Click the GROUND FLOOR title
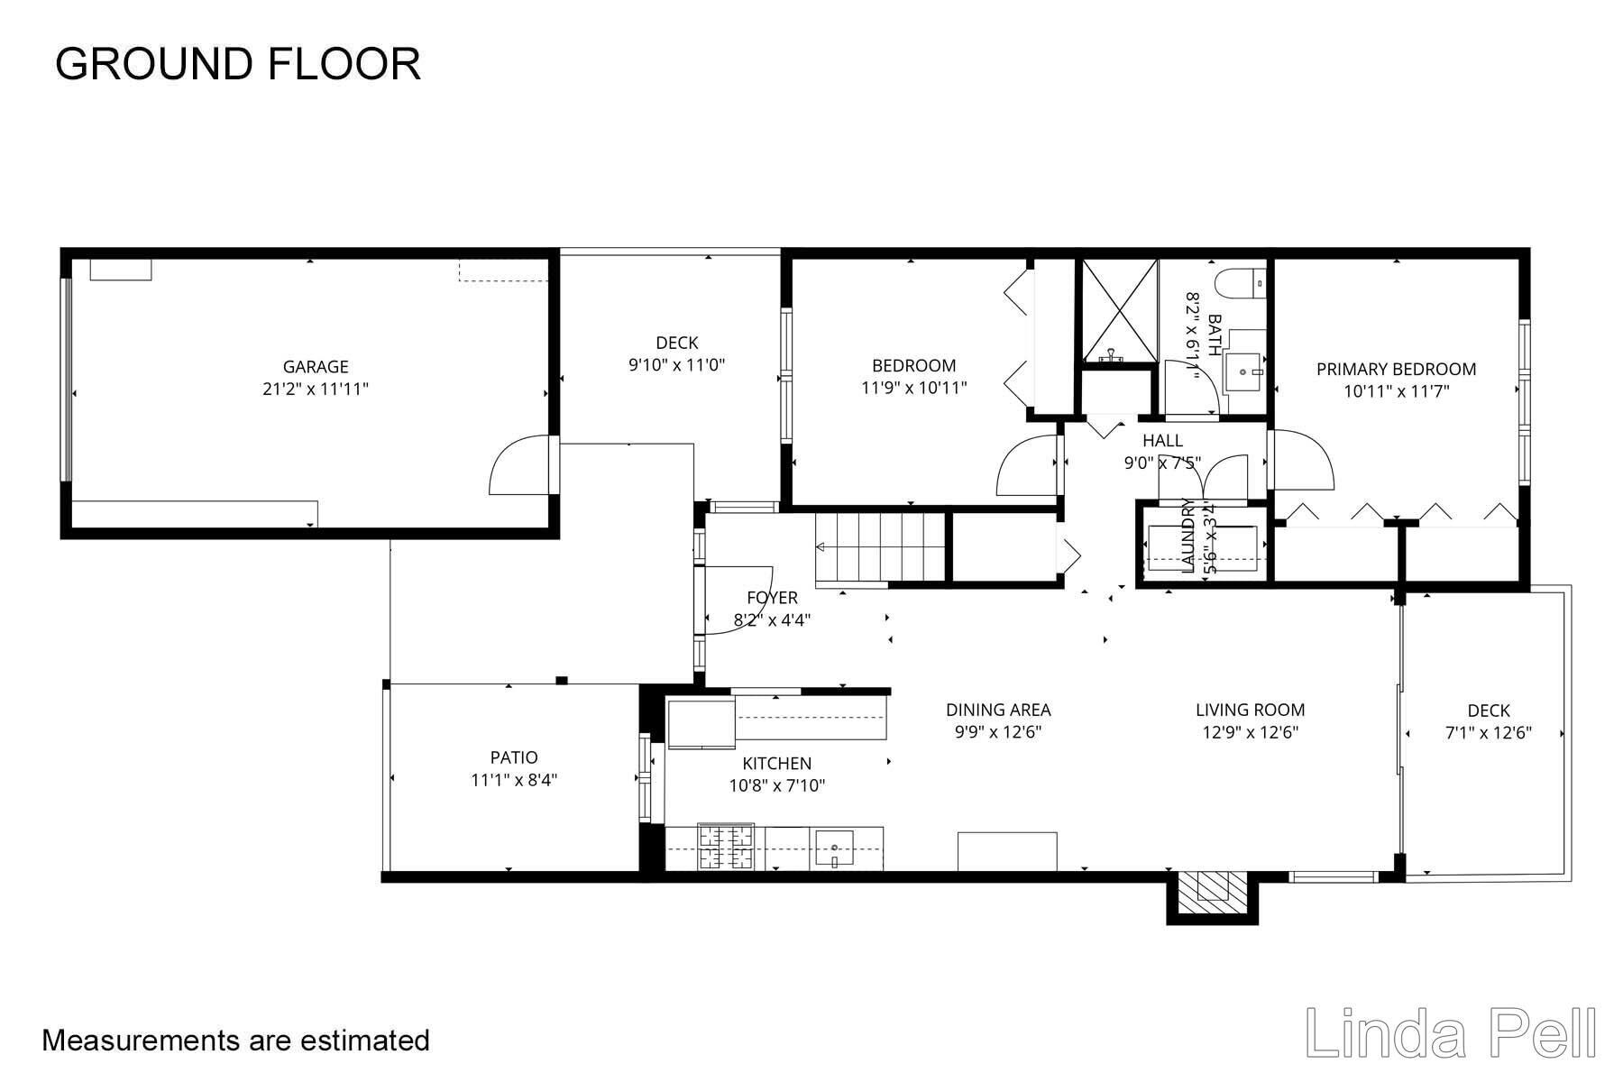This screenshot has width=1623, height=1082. [238, 65]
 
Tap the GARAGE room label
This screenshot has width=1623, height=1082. [316, 367]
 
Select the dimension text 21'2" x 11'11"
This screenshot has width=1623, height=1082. [316, 390]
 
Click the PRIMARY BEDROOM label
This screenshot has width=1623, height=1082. [1396, 369]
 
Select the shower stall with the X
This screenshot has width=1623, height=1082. [1119, 310]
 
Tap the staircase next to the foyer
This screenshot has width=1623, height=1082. [879, 547]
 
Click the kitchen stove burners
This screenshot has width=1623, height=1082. [726, 848]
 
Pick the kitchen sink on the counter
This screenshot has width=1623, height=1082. [836, 848]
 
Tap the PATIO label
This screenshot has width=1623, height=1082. [514, 757]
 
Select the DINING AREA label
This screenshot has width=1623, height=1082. [998, 710]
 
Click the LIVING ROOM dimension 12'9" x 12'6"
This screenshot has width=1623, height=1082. [1250, 732]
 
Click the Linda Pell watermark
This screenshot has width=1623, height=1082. [1450, 1032]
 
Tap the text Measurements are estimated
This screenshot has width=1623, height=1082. [235, 1041]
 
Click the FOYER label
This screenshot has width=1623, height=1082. [773, 598]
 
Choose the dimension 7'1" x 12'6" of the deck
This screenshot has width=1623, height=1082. [1488, 733]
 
